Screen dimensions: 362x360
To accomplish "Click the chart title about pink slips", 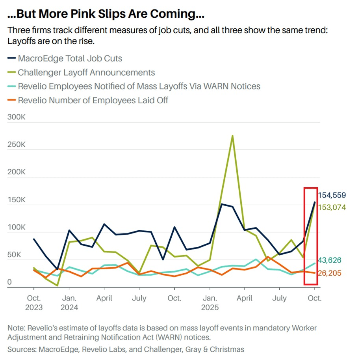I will (106, 14).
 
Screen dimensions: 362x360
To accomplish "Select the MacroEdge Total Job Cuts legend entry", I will (70, 58).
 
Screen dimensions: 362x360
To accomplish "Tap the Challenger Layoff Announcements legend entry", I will (86, 73).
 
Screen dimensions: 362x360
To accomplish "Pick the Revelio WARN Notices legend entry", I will (139, 86).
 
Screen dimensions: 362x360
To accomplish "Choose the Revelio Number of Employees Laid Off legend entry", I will (93, 100).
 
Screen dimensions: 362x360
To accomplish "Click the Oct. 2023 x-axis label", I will (34, 302).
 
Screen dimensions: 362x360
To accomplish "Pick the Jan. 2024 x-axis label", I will (69, 302).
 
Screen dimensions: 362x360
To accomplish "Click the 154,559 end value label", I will (332, 195).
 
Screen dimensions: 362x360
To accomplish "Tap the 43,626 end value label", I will (330, 260).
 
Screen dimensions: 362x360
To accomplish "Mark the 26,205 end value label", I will (330, 273).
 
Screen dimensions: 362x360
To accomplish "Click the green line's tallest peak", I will (232, 136).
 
